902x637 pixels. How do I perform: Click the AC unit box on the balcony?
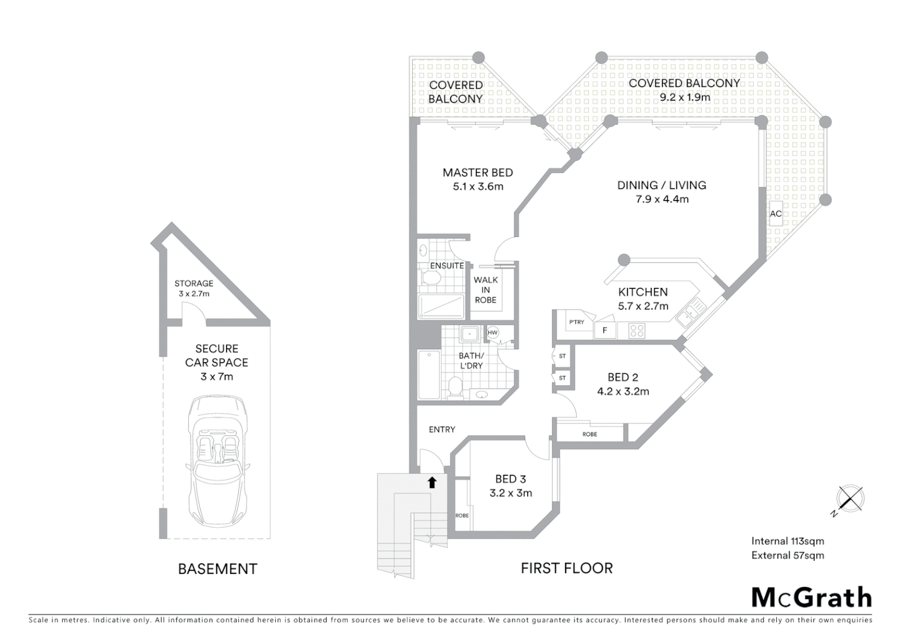775,214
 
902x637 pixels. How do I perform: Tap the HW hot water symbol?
493,333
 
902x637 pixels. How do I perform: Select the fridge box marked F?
604,330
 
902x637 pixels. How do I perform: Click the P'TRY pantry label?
576,322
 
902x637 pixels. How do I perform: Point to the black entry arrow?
432,482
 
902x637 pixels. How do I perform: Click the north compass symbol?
851,499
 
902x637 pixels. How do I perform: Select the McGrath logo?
811,597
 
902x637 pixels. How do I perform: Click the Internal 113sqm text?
787,541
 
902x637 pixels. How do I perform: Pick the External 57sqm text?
787,555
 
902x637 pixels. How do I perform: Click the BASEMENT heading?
217,569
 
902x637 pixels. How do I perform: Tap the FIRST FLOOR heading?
566,568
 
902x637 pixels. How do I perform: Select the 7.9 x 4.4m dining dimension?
662,199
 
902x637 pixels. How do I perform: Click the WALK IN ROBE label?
485,290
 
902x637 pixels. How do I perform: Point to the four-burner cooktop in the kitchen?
636,330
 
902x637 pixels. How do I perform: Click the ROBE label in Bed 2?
589,434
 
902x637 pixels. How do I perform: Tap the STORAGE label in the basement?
194,284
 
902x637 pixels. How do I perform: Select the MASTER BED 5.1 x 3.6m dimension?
478,187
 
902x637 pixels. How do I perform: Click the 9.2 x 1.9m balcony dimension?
685,97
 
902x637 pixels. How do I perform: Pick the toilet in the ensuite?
429,277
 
